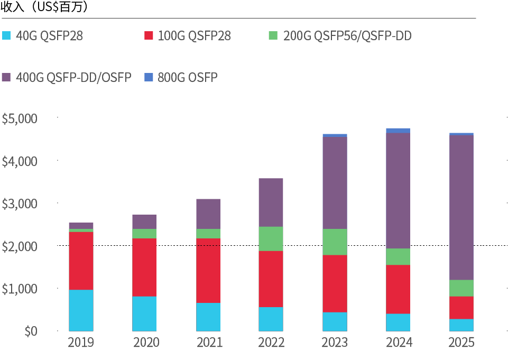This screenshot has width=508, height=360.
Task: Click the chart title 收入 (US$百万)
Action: click(44, 7)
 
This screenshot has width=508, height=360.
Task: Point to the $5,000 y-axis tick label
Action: click(20, 118)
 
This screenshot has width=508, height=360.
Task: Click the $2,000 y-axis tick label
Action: click(20, 246)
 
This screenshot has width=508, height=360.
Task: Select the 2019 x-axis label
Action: click(81, 343)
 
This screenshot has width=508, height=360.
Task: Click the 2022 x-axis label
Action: click(271, 343)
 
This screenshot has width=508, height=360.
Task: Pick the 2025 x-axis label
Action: click(461, 343)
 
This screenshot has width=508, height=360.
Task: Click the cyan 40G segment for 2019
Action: click(81, 310)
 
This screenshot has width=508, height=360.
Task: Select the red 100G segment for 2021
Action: click(208, 270)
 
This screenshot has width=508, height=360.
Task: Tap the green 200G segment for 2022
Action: click(271, 238)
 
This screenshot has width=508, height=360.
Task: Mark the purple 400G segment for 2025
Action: click(461, 207)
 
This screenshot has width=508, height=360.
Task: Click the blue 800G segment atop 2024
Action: click(398, 131)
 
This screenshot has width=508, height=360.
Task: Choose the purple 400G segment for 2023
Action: click(334, 183)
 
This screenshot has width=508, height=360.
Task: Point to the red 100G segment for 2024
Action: click(398, 289)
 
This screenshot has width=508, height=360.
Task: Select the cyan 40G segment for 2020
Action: click(144, 313)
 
